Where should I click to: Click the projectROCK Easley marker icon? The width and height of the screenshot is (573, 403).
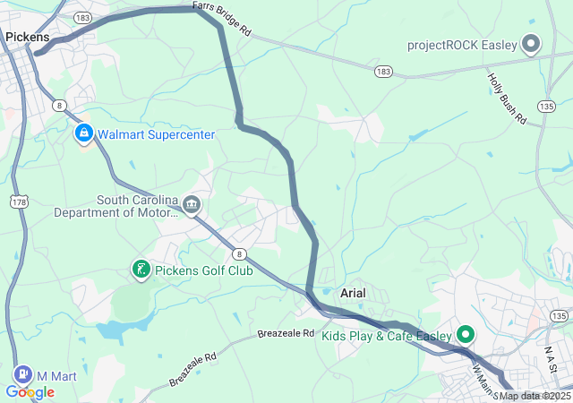(x=531, y=44)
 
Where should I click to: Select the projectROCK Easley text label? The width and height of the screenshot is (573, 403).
(x=463, y=45)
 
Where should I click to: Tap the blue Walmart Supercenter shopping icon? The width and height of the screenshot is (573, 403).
(x=83, y=133)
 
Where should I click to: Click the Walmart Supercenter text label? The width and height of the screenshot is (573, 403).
(x=156, y=134)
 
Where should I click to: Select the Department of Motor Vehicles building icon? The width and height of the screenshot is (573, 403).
(x=191, y=206)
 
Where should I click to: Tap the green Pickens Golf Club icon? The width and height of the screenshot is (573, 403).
(x=141, y=270)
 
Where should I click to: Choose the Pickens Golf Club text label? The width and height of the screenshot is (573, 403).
(x=203, y=270)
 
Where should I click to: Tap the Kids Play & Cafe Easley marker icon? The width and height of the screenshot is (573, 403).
(x=466, y=336)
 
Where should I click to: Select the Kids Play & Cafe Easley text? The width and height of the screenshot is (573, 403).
(x=387, y=336)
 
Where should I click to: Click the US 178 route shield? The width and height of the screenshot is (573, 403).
(x=18, y=203)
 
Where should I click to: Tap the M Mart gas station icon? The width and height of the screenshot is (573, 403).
(x=21, y=374)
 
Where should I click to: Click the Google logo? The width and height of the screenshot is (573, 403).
(x=30, y=392)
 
